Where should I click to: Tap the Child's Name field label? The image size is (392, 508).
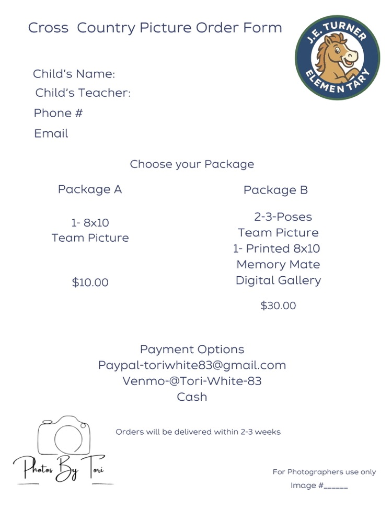tap(74, 74)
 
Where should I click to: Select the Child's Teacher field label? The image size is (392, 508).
tap(83, 93)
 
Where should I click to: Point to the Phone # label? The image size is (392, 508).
tap(58, 113)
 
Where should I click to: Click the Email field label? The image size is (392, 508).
tap(51, 133)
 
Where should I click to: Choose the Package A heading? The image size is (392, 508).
tap(90, 189)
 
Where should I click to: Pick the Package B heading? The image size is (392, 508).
tap(275, 190)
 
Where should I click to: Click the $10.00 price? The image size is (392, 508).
tap(90, 283)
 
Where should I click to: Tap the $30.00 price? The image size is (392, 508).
tap(278, 306)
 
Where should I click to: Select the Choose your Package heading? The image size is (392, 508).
tap(192, 164)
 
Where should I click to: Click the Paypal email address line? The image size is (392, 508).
tap(192, 365)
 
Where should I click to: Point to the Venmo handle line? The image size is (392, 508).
tap(192, 381)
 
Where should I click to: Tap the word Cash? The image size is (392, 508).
tap(192, 397)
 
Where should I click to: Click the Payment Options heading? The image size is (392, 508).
tap(192, 349)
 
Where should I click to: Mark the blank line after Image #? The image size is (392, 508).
tap(336, 486)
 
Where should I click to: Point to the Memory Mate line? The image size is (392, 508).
tap(278, 265)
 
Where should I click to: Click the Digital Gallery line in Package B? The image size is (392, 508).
tap(278, 280)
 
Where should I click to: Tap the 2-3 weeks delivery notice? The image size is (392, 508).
tap(198, 432)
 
